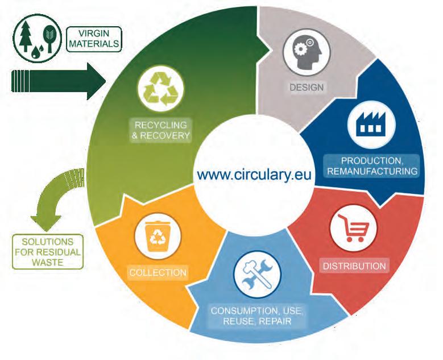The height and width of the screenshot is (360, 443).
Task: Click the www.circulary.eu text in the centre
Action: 255,173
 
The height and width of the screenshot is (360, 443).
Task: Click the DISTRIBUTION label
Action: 354,266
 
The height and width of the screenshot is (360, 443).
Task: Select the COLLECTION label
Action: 158,272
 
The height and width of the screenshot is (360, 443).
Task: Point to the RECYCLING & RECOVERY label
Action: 160,130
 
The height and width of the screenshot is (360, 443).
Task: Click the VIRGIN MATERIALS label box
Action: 94,39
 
